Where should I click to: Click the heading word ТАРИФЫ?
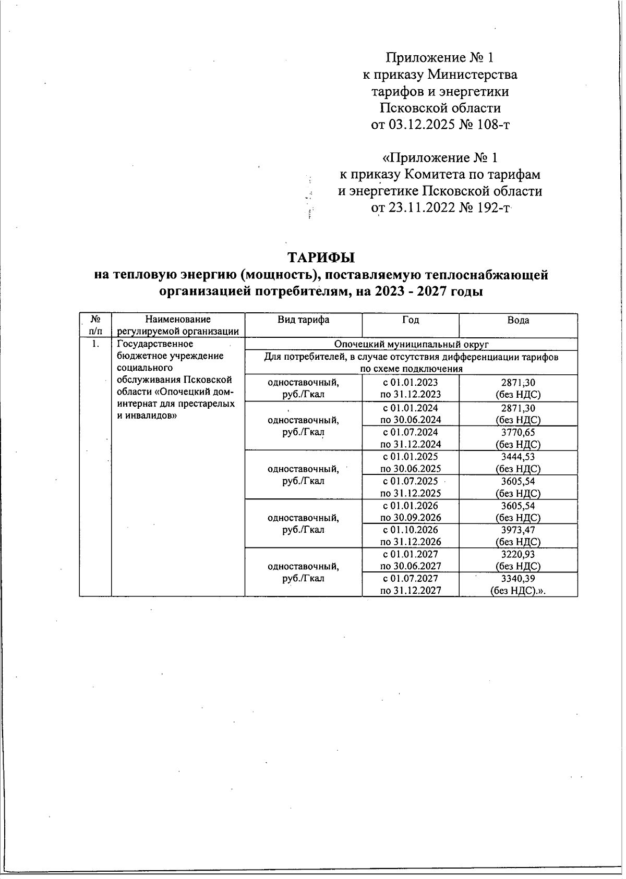click(x=321, y=258)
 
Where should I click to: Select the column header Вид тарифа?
click(x=303, y=320)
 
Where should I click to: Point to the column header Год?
click(x=411, y=320)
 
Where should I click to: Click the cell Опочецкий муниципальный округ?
click(x=411, y=344)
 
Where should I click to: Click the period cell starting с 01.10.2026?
click(x=411, y=535)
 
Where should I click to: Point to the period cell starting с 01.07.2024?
click(x=411, y=438)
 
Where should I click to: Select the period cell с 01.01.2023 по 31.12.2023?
click(x=411, y=388)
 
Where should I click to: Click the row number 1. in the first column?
click(x=95, y=344)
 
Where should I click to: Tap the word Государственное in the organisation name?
click(x=155, y=344)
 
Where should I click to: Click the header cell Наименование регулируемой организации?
click(x=178, y=325)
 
